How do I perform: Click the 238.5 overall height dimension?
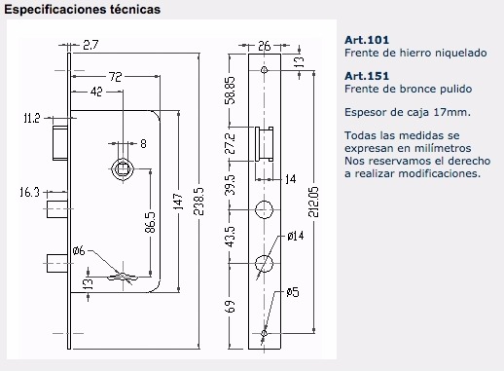(199, 202)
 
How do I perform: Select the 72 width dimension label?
(115, 77)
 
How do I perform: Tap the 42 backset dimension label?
(96, 92)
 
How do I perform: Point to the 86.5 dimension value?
(150, 223)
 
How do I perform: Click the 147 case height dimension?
(178, 202)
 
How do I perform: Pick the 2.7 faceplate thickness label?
(90, 45)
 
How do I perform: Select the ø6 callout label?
(79, 250)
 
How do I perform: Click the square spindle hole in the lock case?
(123, 169)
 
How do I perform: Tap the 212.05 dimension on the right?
(313, 202)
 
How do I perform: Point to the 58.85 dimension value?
(230, 91)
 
